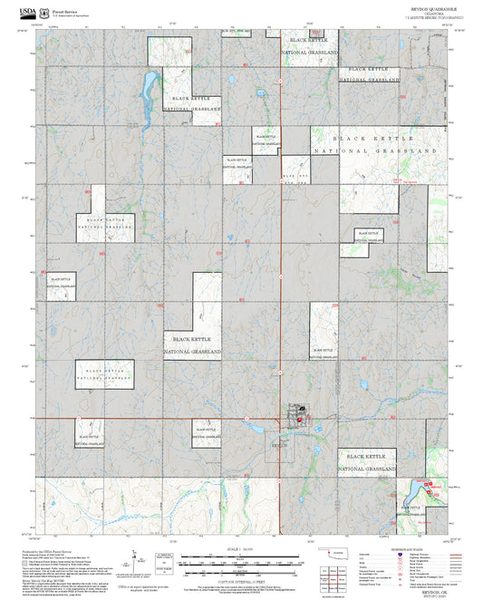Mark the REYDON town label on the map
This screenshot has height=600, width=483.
(279, 445)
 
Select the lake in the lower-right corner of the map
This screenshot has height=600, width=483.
(409, 494)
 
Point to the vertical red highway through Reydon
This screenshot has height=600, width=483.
(280, 272)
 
